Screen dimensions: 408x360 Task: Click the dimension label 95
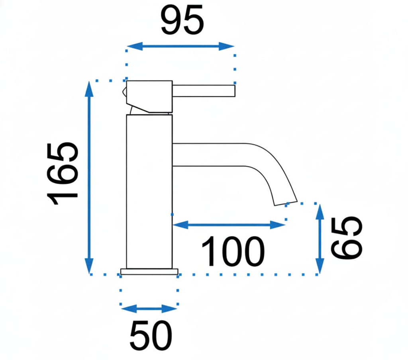pyautogui.click(x=182, y=20)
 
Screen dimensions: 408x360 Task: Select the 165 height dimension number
pyautogui.click(x=63, y=174)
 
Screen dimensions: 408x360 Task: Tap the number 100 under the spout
pyautogui.click(x=233, y=251)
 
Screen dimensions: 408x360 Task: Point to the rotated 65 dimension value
pyautogui.click(x=346, y=238)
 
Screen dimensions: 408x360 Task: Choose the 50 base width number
pyautogui.click(x=151, y=336)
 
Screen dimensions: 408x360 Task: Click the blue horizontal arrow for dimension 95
pyautogui.click(x=180, y=46)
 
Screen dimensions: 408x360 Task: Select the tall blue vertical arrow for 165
pyautogui.click(x=89, y=177)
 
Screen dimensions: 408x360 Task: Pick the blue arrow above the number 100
pyautogui.click(x=229, y=225)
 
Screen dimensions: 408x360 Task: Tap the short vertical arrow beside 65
pyautogui.click(x=320, y=239)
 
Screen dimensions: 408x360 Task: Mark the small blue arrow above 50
pyautogui.click(x=149, y=309)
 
